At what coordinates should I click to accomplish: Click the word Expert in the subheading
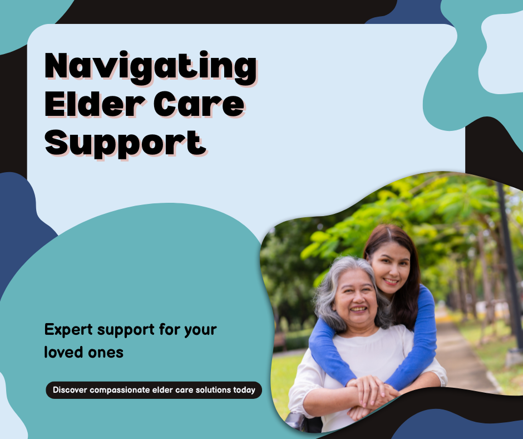[68, 330]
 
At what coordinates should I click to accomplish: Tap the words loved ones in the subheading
[84, 353]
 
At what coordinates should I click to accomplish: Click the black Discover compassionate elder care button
[154, 390]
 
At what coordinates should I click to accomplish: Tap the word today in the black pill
[244, 390]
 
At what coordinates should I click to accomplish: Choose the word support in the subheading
[125, 330]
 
